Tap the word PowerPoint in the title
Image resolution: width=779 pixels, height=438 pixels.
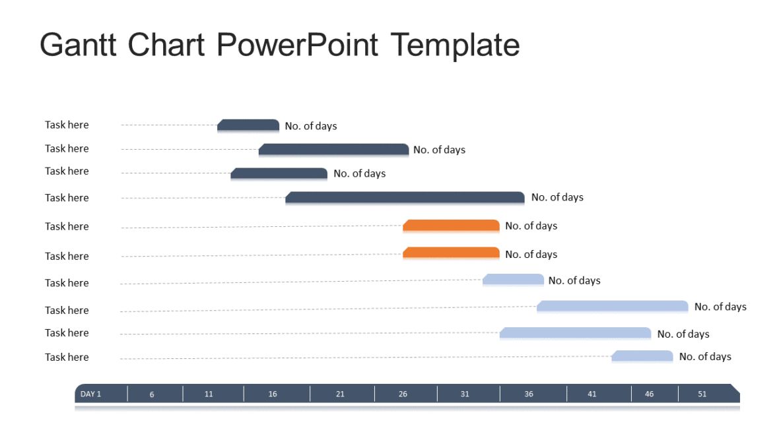(x=297, y=46)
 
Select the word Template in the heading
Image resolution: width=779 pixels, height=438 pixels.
(x=455, y=46)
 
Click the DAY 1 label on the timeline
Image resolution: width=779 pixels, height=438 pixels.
(x=91, y=394)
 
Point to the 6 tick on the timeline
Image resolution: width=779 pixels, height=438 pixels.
(x=152, y=394)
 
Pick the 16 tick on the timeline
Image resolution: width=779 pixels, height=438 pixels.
(x=273, y=394)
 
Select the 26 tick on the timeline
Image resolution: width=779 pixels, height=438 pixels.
(x=403, y=394)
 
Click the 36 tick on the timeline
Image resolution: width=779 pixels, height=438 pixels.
(x=529, y=394)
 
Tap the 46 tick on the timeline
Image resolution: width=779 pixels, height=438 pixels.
(x=650, y=394)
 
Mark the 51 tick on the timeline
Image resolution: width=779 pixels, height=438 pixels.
(x=702, y=394)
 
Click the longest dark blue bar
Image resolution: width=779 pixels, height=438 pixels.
(x=405, y=197)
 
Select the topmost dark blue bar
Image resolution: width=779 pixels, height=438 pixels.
(x=248, y=125)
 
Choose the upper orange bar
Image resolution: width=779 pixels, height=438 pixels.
(x=451, y=226)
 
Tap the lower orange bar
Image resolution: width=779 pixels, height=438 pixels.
(x=451, y=253)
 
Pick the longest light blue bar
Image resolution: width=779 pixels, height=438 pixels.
(x=613, y=306)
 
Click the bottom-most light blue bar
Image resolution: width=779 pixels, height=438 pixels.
(x=642, y=356)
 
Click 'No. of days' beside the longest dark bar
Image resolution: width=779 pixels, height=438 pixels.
(x=557, y=197)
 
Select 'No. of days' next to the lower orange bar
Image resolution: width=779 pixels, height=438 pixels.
(x=531, y=255)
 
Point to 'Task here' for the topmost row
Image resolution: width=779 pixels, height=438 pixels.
(x=67, y=125)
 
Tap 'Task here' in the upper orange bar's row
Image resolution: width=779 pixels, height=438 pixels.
(x=67, y=226)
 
